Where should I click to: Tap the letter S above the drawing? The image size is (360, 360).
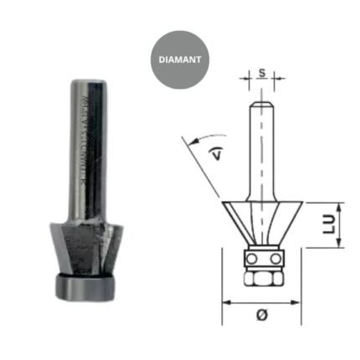[x=262, y=73]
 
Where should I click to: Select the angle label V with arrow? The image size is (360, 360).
[x=217, y=152]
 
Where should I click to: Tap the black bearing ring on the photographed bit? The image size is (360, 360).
[x=85, y=285]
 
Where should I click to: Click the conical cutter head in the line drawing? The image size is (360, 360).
[x=261, y=223]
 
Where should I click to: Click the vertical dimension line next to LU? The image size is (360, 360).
[x=339, y=224]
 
